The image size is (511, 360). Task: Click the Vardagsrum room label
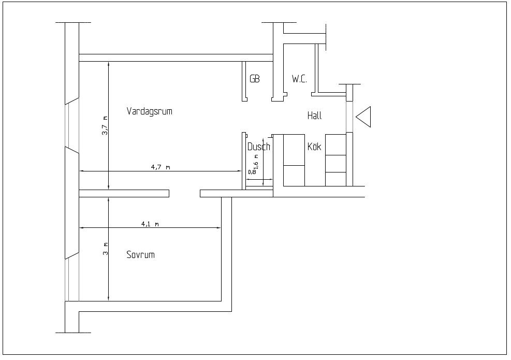(149, 111)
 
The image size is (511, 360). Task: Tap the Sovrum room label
(140, 255)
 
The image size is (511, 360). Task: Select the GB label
(254, 79)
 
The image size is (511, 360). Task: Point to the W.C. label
(299, 79)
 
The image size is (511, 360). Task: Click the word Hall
(314, 116)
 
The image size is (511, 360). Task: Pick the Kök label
(314, 147)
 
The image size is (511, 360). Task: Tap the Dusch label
(258, 147)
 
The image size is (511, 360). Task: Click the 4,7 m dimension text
(160, 167)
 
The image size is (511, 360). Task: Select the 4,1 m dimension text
(150, 224)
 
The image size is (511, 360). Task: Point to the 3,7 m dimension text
(105, 125)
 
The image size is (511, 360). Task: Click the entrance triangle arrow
(363, 116)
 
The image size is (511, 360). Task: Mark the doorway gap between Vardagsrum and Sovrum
(184, 193)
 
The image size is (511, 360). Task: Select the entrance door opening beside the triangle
(349, 117)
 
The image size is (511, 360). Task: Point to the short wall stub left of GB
(244, 81)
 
